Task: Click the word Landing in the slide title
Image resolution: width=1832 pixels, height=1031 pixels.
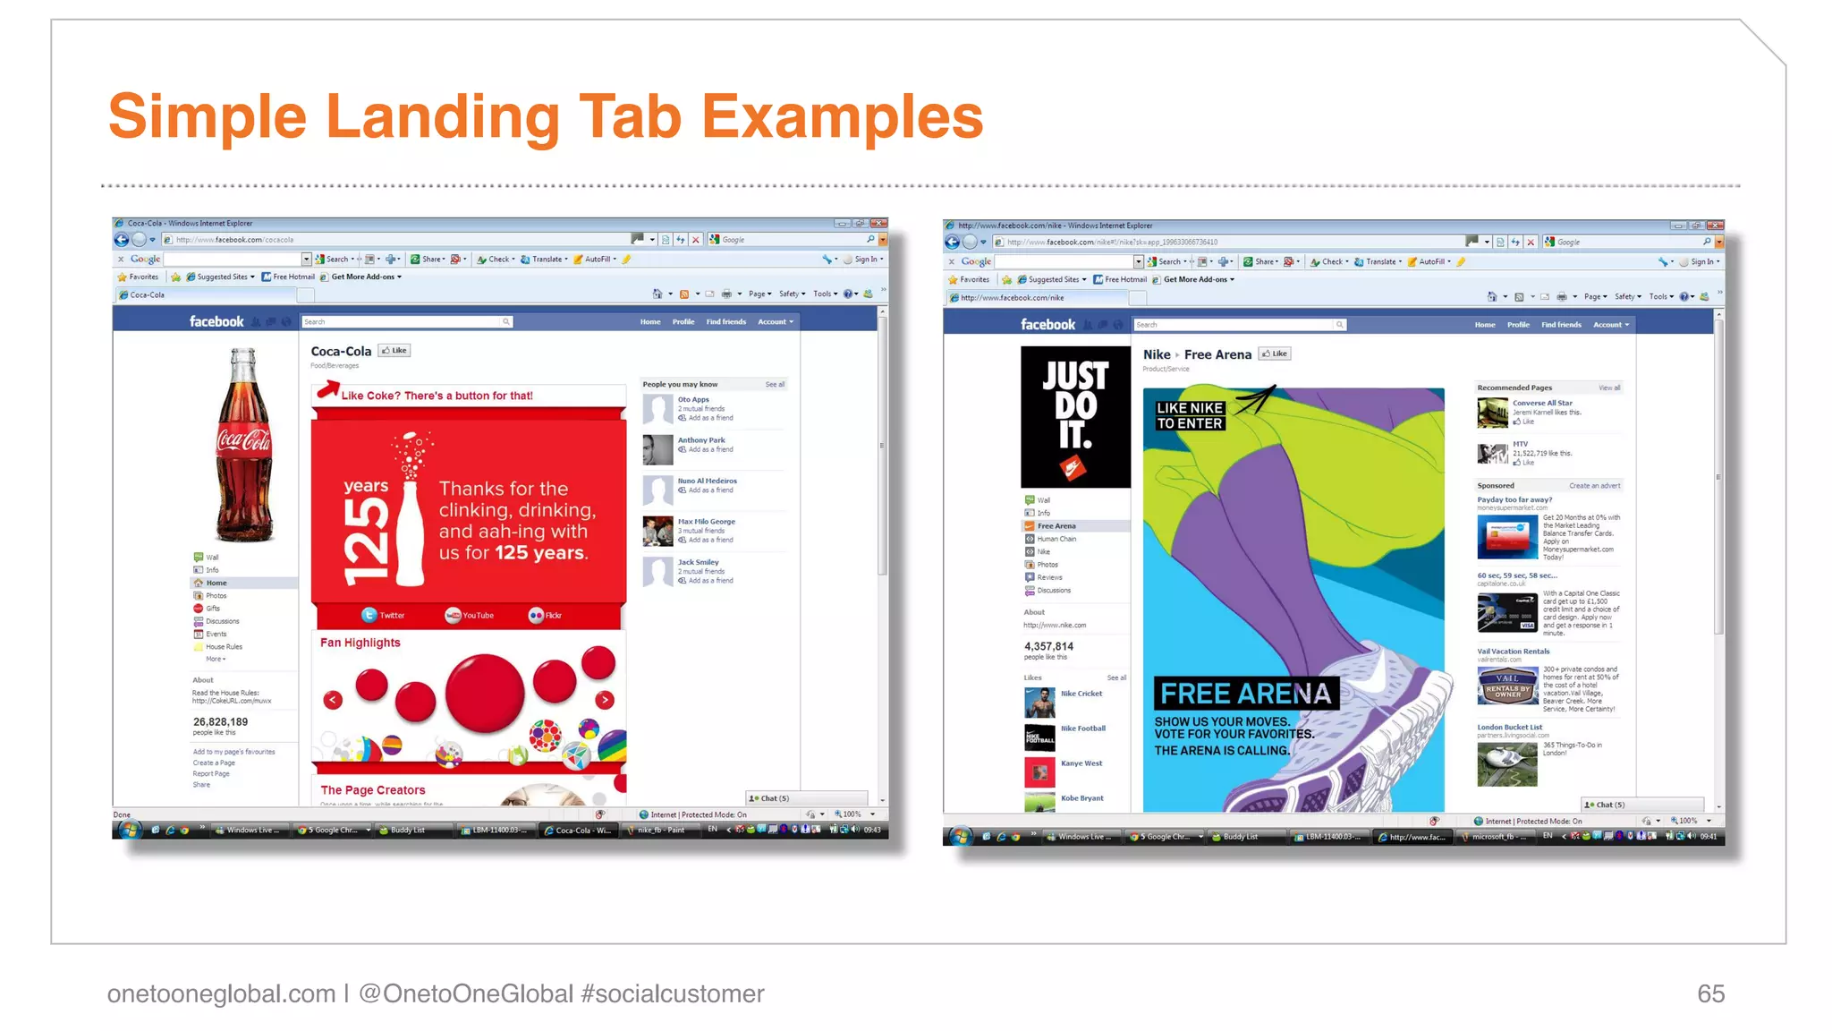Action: (442, 117)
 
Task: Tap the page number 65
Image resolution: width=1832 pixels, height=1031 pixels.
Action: (1710, 993)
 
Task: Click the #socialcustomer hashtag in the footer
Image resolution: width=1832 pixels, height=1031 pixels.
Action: (672, 993)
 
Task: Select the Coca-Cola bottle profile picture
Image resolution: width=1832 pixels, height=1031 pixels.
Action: (243, 445)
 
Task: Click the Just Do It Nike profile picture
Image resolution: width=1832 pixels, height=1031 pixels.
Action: (1075, 417)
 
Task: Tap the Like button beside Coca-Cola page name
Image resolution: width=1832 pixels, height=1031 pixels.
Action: (394, 351)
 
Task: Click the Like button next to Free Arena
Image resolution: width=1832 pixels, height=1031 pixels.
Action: (1275, 354)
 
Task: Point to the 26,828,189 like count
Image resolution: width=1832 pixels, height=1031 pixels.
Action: (221, 722)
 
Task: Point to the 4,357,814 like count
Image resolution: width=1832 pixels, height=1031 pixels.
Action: (1048, 646)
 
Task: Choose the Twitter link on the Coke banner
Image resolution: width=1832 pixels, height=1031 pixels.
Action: (384, 616)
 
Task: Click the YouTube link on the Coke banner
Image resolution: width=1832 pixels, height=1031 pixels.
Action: (470, 616)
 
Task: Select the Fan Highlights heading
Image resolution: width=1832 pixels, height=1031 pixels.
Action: (360, 643)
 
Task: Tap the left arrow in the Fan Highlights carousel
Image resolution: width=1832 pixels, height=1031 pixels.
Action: (334, 700)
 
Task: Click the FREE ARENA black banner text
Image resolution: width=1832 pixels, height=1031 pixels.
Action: (1245, 694)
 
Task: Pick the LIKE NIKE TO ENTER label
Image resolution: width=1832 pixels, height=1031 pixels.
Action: (1190, 415)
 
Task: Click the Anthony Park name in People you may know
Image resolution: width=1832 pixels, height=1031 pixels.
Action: (701, 440)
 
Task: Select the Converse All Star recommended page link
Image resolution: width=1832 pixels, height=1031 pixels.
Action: (1542, 403)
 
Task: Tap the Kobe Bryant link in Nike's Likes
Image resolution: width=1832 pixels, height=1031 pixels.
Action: (1081, 798)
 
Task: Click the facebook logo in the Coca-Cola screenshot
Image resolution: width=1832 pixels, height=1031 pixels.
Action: (216, 321)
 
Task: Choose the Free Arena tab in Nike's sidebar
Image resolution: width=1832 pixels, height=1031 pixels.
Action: (1056, 526)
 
